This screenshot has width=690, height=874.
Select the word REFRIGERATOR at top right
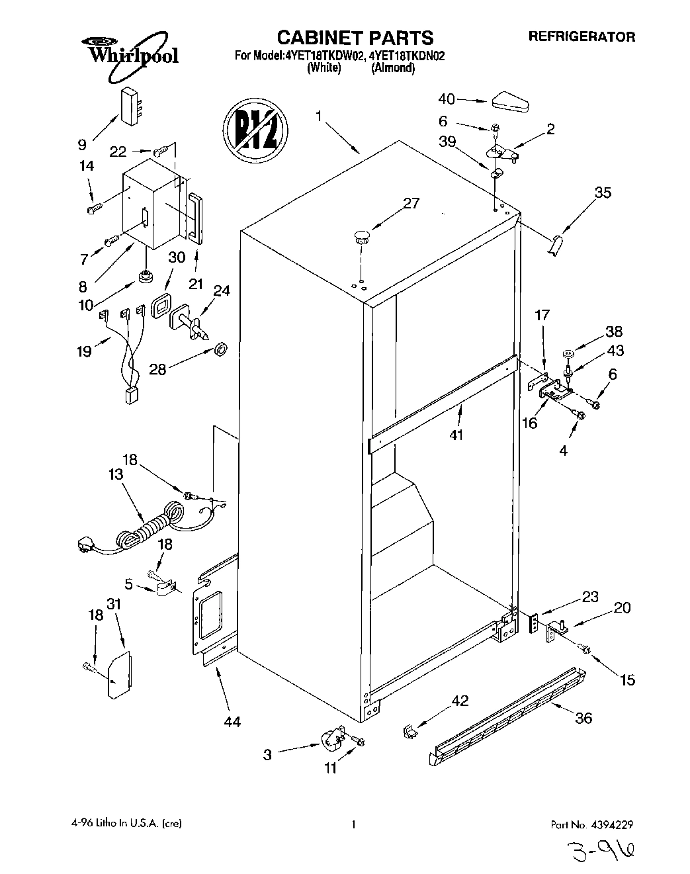581,37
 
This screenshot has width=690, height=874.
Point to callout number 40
447,99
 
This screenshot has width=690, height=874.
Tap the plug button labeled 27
361,236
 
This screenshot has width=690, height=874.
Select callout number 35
603,193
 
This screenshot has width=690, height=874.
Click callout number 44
232,722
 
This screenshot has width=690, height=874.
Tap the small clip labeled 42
410,730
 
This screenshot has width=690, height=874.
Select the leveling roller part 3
334,740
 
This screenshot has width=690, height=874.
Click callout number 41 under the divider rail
456,435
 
